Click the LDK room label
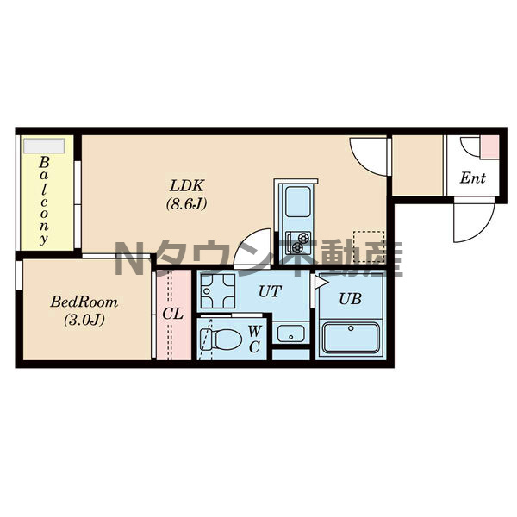pos(187,186)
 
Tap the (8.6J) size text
pos(187,204)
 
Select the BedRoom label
pos(84,302)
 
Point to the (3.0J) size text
pos(84,320)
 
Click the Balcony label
pos(44,201)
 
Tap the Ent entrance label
pos(473,178)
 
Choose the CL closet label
pos(173,314)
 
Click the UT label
pos(270,291)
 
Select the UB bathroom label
pos(350,299)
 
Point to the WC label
pos(254,339)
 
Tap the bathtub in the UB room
pos(351,338)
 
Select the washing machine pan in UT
pos(218,291)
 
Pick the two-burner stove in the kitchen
pos(298,242)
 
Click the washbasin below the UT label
pos(291,333)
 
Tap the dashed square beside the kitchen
pos(369,247)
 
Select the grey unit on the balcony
pos(44,146)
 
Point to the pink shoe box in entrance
pos(489,146)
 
